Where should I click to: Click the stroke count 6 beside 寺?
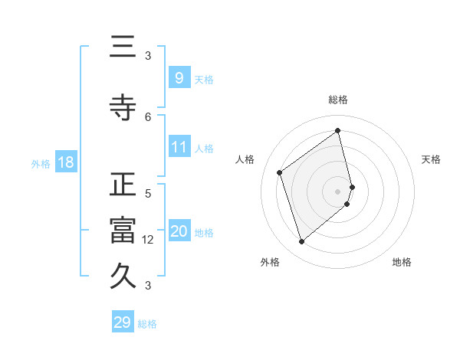(148, 116)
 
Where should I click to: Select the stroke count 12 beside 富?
(148, 240)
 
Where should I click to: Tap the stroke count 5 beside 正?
(148, 193)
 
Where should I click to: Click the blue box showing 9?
(179, 77)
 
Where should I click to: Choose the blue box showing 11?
(179, 147)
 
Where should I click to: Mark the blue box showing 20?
(179, 231)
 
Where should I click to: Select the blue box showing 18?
(65, 162)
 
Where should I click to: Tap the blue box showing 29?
(123, 322)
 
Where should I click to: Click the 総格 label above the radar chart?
(338, 100)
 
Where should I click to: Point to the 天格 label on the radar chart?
(431, 159)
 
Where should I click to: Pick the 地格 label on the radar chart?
(402, 262)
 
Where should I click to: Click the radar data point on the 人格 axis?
(280, 172)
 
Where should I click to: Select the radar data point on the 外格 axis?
(301, 242)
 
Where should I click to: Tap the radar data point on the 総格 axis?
(338, 130)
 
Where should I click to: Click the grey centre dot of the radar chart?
(338, 190)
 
